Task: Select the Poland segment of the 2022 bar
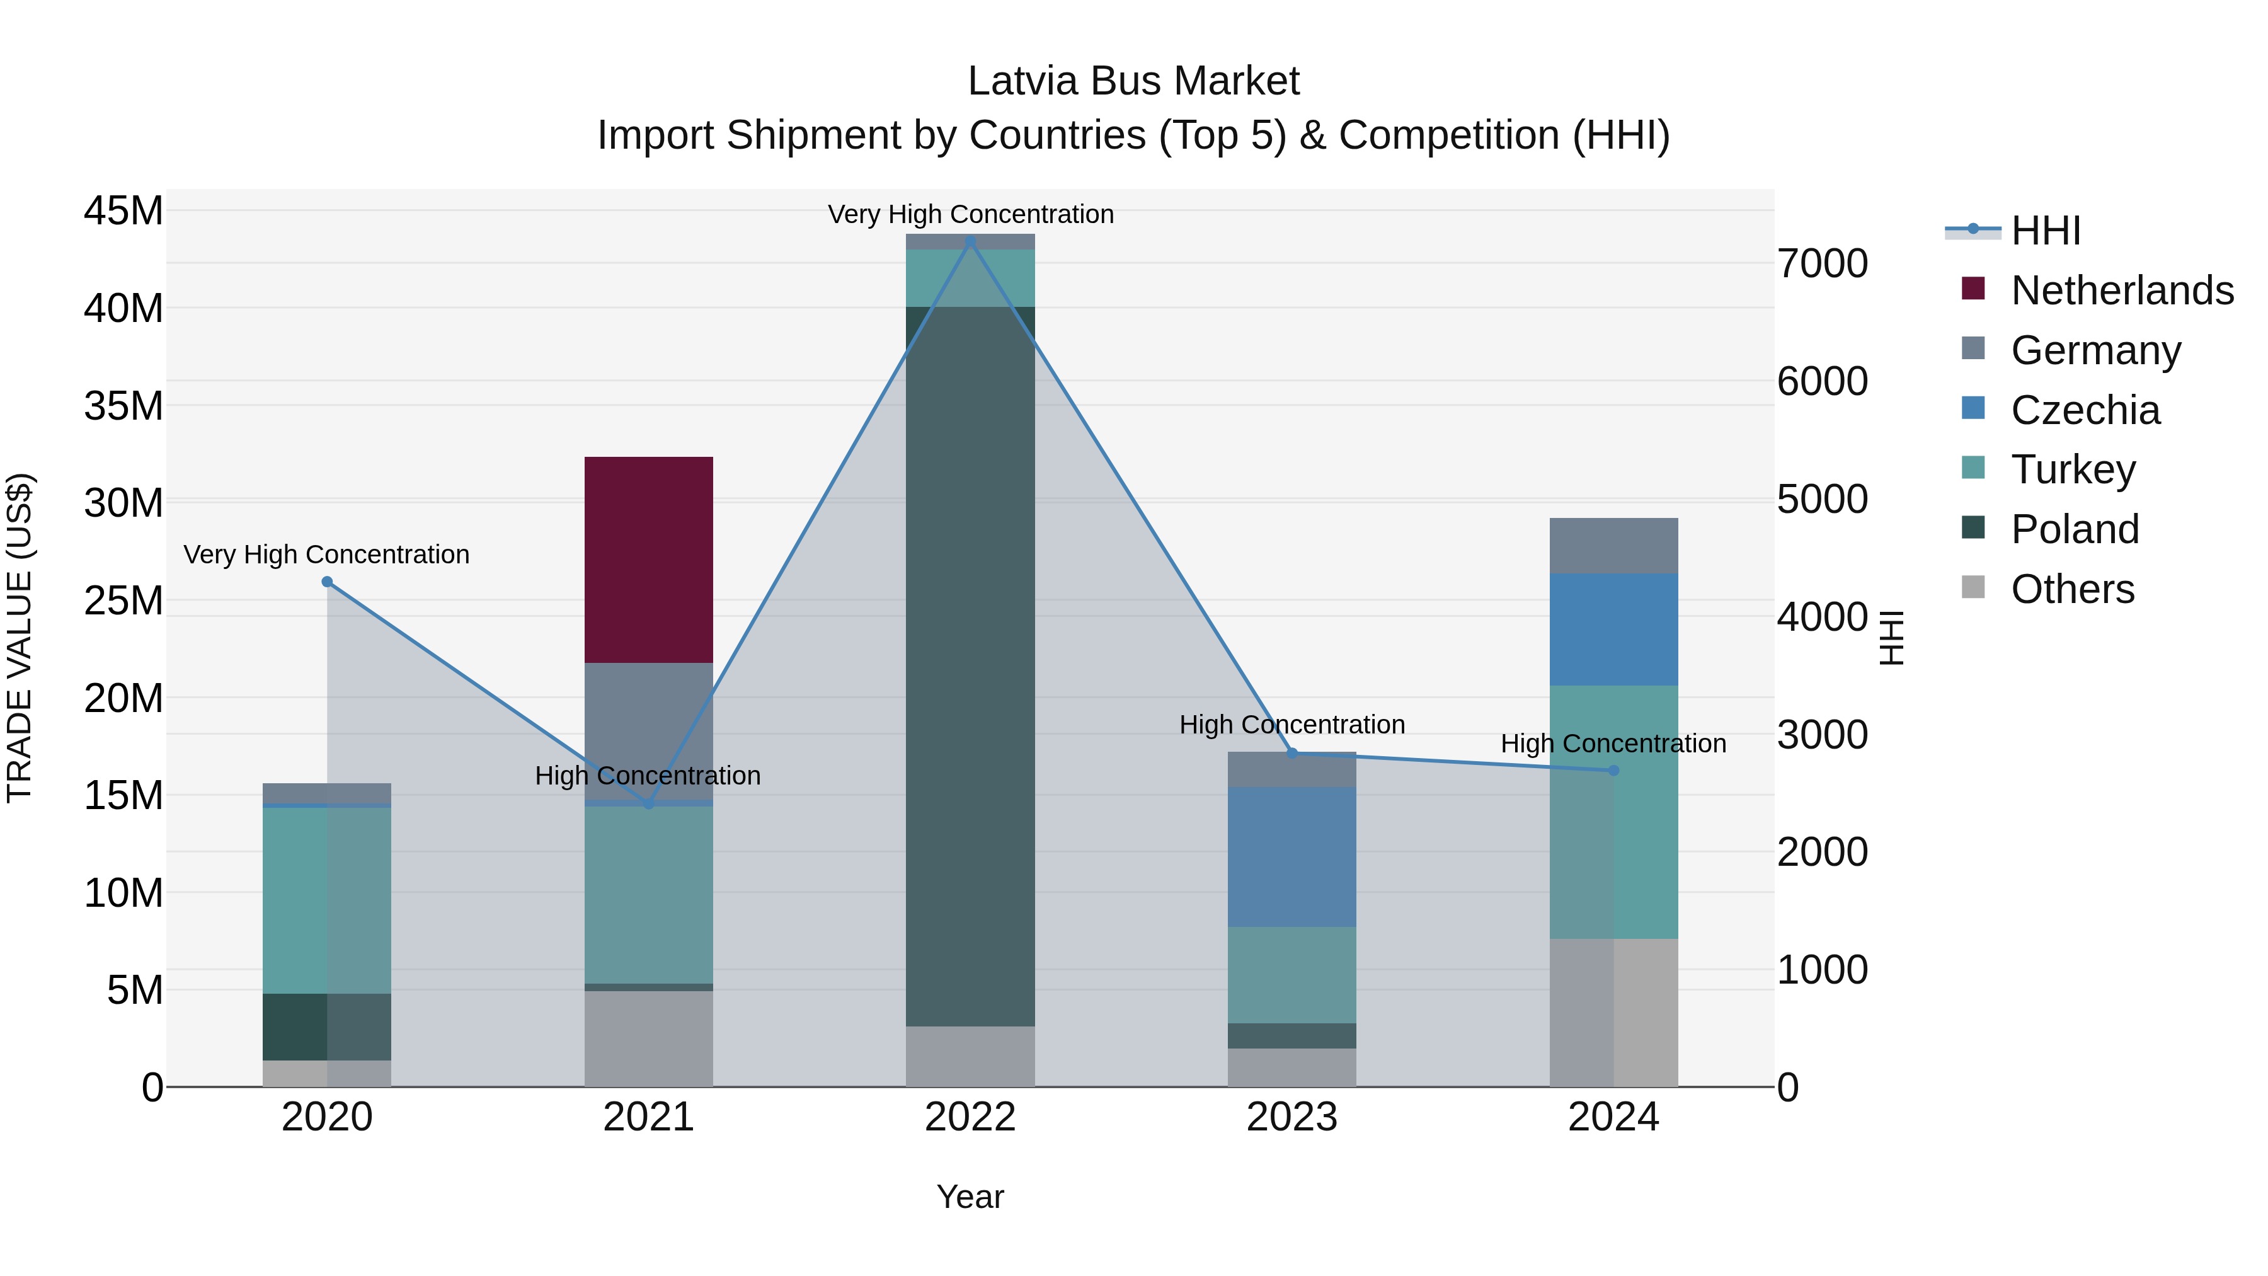(970, 666)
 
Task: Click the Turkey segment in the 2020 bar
(326, 900)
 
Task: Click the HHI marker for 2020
(326, 581)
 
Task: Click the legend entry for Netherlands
(2122, 290)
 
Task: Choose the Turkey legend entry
(2073, 469)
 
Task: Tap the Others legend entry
(2073, 589)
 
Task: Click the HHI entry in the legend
(2045, 231)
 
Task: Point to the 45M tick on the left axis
(123, 211)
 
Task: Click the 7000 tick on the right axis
(1823, 263)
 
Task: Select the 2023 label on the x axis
(1291, 1117)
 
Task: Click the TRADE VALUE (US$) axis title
(20, 638)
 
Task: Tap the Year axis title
(970, 1197)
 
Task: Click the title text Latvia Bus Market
(1133, 81)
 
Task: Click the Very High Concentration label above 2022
(970, 214)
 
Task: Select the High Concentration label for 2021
(648, 776)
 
